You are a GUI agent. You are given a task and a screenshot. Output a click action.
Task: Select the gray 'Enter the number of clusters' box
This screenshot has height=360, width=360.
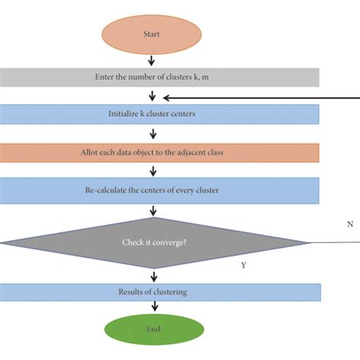pos(159,77)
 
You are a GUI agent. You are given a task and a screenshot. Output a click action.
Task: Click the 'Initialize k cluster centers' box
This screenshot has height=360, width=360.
pos(159,115)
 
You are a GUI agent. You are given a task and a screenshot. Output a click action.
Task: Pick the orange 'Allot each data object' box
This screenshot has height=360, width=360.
pos(159,153)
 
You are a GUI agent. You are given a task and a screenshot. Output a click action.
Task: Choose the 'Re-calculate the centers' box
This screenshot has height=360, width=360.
pos(159,189)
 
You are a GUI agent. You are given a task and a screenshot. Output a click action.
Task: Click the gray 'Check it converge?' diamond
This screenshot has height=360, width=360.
pos(155,243)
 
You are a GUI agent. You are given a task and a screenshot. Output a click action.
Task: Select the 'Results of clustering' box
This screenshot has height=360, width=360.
pos(159,292)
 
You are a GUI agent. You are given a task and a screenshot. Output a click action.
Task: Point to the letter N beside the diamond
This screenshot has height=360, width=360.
pos(349,225)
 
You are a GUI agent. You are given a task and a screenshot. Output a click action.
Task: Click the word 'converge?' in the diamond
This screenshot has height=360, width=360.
pos(173,243)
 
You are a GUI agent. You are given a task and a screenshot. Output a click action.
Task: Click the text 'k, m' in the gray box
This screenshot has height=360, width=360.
pos(214,77)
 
